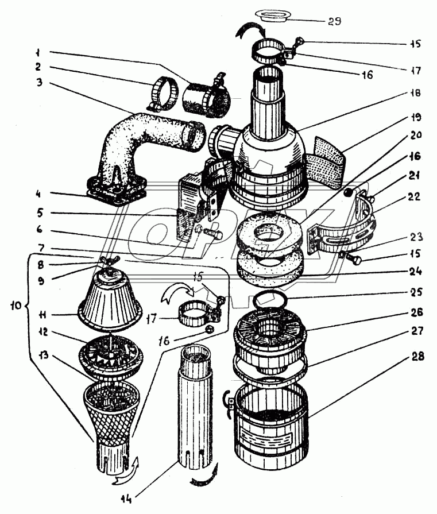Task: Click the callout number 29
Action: tap(334, 21)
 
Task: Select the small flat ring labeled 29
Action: tap(274, 16)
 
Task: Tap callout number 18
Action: tap(415, 93)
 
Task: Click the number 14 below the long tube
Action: tap(126, 499)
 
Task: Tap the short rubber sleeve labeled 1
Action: tap(206, 97)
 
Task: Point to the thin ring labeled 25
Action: tap(270, 300)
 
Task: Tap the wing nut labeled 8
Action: tap(110, 260)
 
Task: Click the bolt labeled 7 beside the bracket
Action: tap(213, 234)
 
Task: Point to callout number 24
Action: tap(415, 272)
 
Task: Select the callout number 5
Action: tap(40, 213)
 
